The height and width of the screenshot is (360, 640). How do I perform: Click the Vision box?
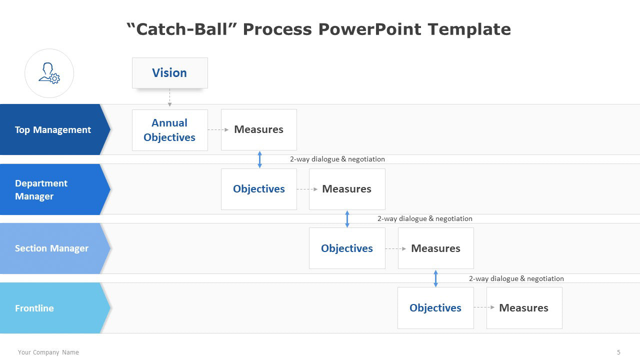click(169, 73)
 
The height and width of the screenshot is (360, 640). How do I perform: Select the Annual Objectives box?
click(169, 130)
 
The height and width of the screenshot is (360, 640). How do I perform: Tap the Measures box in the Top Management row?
click(259, 129)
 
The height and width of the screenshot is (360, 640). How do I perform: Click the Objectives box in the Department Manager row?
click(259, 189)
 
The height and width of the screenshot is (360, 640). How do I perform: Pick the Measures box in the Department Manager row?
click(347, 189)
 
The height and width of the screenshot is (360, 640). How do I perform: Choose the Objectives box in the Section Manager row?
click(347, 248)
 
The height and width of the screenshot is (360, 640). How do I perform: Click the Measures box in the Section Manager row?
click(436, 248)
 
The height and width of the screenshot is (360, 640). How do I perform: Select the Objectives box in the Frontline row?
click(435, 308)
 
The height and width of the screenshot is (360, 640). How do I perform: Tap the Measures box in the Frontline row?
click(524, 308)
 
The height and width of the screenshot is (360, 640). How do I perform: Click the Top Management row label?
click(53, 129)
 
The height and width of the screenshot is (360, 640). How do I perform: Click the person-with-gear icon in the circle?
click(49, 73)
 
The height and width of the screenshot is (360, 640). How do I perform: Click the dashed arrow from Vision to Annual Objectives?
click(169, 97)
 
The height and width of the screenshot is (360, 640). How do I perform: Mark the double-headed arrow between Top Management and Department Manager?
click(259, 159)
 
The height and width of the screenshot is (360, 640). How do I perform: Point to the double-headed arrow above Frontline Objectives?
click(435, 278)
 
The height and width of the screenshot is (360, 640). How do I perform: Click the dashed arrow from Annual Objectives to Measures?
click(218, 129)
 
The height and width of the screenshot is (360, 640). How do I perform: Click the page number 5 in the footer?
click(618, 352)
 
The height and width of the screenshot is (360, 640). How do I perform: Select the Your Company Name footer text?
click(48, 352)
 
